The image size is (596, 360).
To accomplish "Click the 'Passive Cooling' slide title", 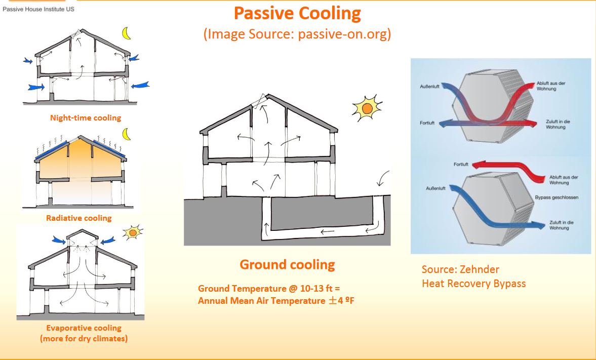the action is click(297, 13).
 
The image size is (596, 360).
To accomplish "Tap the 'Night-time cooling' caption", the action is click(86, 118).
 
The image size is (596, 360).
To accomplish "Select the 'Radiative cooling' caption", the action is click(78, 218).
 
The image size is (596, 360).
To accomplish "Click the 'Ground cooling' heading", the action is click(287, 265).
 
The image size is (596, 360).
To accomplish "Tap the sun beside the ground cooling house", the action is click(367, 108).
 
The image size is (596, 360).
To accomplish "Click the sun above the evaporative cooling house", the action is click(133, 232).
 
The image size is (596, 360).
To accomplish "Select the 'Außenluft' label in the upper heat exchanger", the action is click(429, 87).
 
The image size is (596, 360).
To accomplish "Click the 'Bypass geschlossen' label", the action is click(557, 197).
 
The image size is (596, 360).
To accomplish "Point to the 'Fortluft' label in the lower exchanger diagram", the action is click(461, 164).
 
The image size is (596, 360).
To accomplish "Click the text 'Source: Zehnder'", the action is click(460, 269).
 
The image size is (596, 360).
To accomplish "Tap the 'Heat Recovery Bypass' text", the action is click(473, 284).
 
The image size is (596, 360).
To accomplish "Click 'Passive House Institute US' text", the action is click(38, 9).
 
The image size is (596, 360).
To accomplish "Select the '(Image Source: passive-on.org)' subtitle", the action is click(297, 34).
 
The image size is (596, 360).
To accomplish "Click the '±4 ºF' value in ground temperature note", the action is click(341, 301).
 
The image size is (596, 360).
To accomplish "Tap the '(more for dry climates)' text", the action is click(84, 338).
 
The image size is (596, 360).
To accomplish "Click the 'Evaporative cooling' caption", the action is click(84, 328).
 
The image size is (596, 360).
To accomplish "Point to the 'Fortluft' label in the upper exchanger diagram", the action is click(427, 123).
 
